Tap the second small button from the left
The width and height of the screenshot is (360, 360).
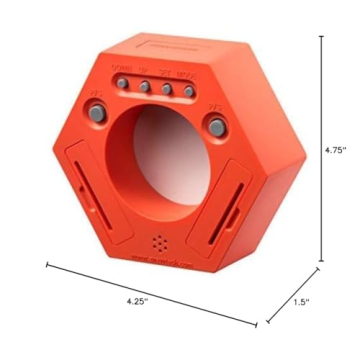tap(144, 87)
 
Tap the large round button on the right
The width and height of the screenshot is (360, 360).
tap(215, 125)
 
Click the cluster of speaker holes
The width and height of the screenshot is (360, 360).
tap(160, 243)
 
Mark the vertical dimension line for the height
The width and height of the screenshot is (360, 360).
tap(321, 150)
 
